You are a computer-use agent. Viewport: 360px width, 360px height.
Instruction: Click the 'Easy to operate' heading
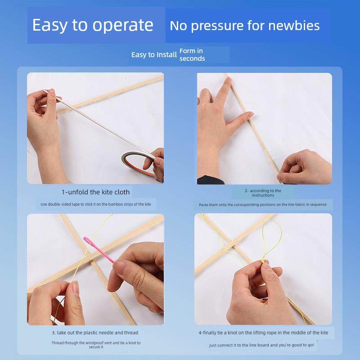93,25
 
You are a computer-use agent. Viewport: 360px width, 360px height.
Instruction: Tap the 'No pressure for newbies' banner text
244,26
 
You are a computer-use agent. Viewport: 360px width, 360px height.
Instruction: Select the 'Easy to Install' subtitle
154,55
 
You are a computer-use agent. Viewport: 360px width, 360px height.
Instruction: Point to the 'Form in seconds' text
192,54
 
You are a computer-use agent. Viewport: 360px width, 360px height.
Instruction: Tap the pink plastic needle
98,250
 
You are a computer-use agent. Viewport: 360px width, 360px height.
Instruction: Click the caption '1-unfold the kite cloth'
95,192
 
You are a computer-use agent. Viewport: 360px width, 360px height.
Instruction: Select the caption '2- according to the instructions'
263,193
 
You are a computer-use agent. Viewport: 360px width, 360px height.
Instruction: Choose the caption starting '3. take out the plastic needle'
95,333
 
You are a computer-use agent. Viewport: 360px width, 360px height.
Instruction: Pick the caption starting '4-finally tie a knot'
263,333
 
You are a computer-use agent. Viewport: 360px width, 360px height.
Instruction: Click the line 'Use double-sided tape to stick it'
96,204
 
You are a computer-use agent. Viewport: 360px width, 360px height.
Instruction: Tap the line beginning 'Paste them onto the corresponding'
263,205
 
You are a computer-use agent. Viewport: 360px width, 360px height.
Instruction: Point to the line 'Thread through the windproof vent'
96,345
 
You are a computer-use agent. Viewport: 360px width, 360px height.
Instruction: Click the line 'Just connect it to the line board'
261,345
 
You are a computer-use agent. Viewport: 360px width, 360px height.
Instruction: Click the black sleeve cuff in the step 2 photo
210,180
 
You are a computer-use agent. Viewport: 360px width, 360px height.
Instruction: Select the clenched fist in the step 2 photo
305,167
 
